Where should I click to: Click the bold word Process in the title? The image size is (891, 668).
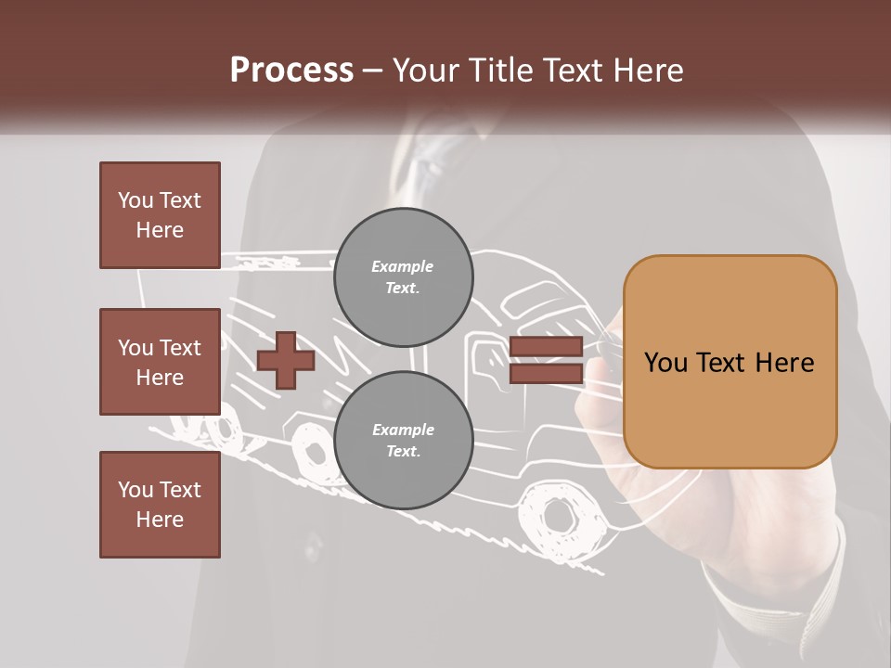tap(291, 71)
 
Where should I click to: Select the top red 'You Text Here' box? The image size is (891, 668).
tap(160, 215)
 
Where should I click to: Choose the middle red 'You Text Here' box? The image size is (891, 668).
tap(160, 362)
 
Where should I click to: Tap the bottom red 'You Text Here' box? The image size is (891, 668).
tap(160, 505)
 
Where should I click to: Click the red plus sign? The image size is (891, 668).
tap(285, 360)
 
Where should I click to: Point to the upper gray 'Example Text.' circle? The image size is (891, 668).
tap(403, 277)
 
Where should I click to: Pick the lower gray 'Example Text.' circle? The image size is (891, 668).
tap(403, 441)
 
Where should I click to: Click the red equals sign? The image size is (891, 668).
tap(546, 360)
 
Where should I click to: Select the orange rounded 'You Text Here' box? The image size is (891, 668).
tap(730, 362)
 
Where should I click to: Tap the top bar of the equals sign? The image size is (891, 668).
tap(546, 347)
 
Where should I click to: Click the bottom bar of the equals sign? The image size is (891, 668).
tap(546, 373)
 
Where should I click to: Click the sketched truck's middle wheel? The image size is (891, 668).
tap(309, 449)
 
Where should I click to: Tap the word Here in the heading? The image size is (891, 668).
tap(647, 71)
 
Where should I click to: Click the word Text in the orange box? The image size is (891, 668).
tap(730, 362)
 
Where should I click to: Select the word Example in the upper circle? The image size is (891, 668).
tap(403, 266)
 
